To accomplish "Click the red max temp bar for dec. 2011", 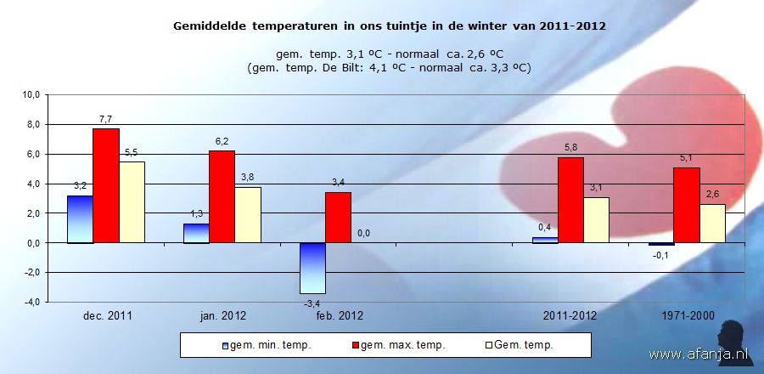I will tap(106, 185).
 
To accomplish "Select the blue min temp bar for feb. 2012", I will tap(312, 268).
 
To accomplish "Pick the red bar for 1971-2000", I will tap(687, 205).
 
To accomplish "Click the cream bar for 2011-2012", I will tap(596, 220).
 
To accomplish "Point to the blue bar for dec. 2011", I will tap(80, 219).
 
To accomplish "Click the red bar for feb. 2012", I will tap(338, 218).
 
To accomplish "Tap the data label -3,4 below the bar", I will tap(312, 303).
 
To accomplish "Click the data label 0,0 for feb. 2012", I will tap(364, 234).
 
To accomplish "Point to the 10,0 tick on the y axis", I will tap(31, 95).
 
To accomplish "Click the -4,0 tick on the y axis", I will tap(31, 302).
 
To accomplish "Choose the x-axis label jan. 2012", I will tap(223, 316).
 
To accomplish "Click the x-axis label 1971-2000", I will tap(687, 316).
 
